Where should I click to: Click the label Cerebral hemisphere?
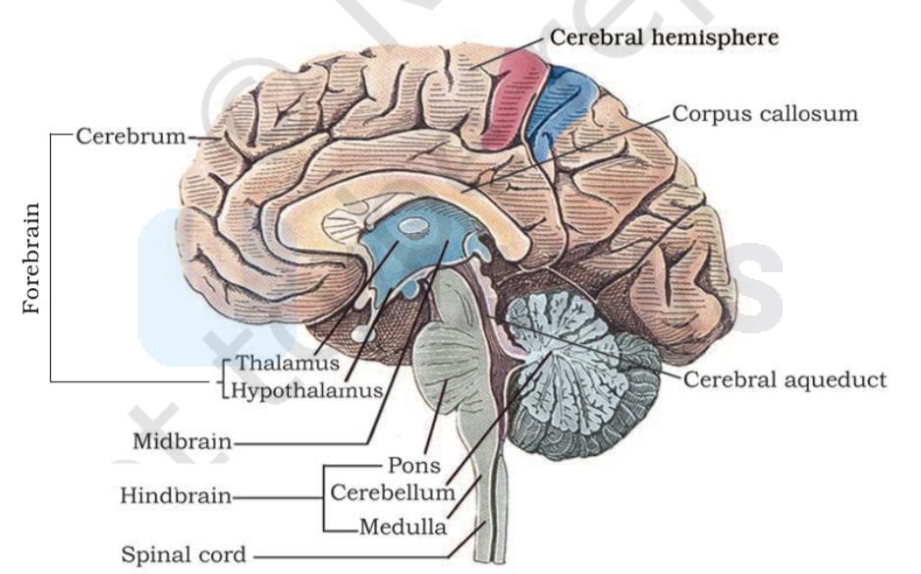(x=665, y=37)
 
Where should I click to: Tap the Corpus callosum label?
(x=765, y=113)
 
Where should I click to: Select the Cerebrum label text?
(x=131, y=137)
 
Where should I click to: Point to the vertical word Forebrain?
(x=31, y=258)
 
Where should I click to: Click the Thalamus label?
(x=288, y=363)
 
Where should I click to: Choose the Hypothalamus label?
(x=306, y=390)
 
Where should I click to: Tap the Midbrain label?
(x=182, y=441)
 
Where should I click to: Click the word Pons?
(x=414, y=465)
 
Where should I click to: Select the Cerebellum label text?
(x=393, y=492)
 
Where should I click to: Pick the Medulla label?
(x=403, y=527)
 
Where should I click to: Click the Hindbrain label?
(x=176, y=495)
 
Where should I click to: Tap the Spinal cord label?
(x=184, y=554)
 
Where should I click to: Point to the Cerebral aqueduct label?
(x=785, y=379)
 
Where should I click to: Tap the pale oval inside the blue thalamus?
(x=413, y=226)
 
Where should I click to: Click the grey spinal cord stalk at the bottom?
(x=491, y=506)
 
